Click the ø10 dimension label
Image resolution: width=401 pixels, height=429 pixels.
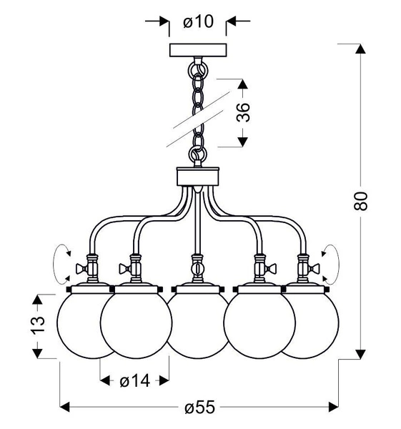(197, 22)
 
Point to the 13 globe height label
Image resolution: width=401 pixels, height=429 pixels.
(41, 325)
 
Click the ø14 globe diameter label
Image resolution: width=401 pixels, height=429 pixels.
(134, 381)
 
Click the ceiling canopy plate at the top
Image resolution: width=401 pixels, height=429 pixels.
(197, 51)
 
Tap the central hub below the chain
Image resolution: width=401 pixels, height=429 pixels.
(197, 175)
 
